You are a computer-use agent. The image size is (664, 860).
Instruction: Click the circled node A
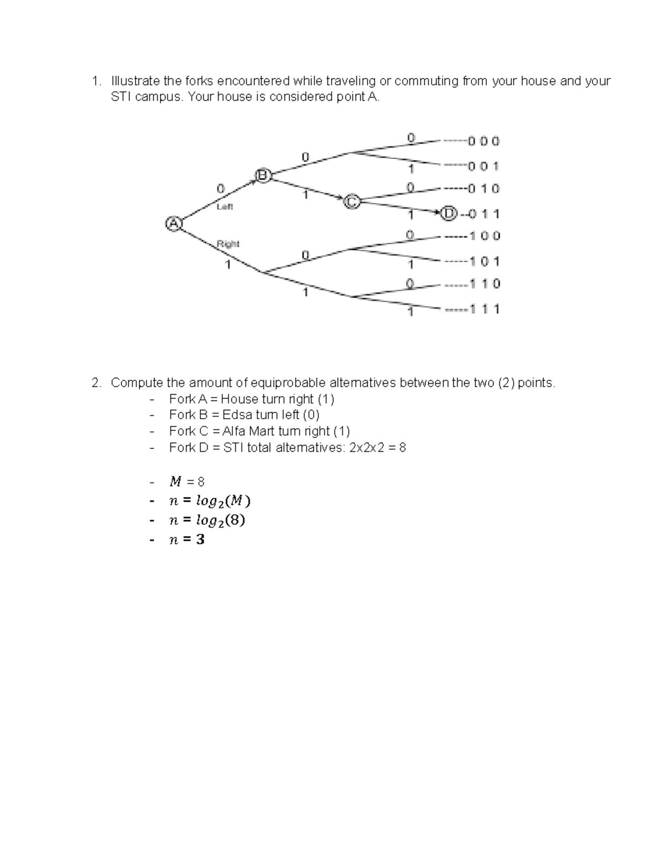pyautogui.click(x=174, y=224)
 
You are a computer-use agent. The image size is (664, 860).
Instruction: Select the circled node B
pyautogui.click(x=262, y=176)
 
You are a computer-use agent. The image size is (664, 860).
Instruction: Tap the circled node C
pyautogui.click(x=351, y=202)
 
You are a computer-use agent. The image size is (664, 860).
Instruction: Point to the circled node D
pyautogui.click(x=449, y=213)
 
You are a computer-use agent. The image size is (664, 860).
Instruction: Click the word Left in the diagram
pyautogui.click(x=225, y=207)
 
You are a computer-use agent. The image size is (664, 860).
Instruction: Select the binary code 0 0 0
pyautogui.click(x=484, y=141)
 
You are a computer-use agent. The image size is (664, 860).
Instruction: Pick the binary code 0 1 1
pyautogui.click(x=484, y=214)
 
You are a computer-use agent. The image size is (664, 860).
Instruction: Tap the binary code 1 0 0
pyautogui.click(x=485, y=236)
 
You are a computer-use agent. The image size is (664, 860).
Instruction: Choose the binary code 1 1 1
pyautogui.click(x=485, y=309)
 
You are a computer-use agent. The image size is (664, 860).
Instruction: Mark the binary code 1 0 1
pyautogui.click(x=485, y=261)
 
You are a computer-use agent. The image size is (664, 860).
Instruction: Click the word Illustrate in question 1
pyautogui.click(x=136, y=81)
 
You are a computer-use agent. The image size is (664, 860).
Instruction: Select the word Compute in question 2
pyautogui.click(x=137, y=383)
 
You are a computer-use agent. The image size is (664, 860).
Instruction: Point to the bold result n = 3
pyautogui.click(x=186, y=539)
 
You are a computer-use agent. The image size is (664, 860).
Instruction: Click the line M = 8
pyautogui.click(x=186, y=482)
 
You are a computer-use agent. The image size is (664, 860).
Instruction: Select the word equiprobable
pyautogui.click(x=288, y=383)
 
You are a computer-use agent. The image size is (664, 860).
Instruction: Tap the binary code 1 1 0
pyautogui.click(x=485, y=284)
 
